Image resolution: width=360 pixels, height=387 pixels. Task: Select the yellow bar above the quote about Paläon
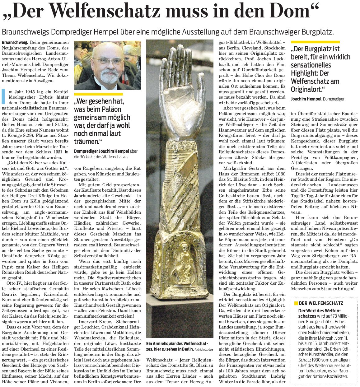point(98,94)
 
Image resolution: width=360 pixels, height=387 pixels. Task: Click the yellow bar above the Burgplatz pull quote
point(315,42)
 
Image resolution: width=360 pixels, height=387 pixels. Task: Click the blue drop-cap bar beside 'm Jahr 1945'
point(3,96)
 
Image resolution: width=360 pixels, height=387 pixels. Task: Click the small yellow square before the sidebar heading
point(296,303)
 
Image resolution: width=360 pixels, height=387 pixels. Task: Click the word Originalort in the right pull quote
point(306,89)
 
